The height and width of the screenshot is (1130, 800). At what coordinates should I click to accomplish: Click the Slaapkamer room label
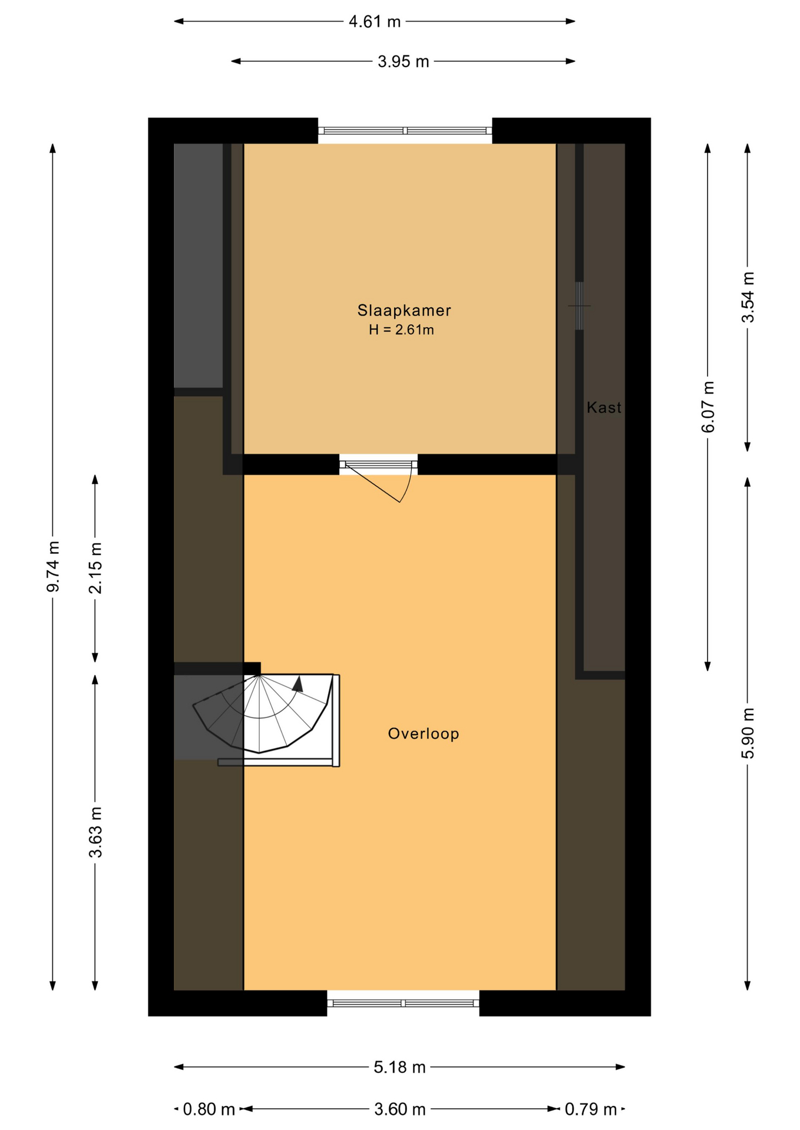(x=404, y=310)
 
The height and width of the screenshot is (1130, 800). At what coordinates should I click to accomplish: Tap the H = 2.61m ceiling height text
(x=401, y=330)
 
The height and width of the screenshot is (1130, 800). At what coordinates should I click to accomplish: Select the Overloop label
(x=423, y=733)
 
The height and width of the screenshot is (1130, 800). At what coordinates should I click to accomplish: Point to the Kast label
(x=604, y=407)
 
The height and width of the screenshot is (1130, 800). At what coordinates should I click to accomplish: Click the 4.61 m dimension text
(x=375, y=22)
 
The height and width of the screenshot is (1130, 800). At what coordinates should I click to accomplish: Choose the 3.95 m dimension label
(x=403, y=61)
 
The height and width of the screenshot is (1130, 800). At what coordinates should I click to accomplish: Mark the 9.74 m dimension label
(x=53, y=566)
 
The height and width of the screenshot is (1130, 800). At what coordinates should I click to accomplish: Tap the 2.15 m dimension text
(x=95, y=568)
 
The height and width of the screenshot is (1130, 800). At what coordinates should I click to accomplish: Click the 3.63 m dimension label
(x=95, y=832)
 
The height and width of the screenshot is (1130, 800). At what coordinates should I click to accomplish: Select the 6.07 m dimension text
(x=708, y=407)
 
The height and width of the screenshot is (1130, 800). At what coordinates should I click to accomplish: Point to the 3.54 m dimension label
(x=748, y=297)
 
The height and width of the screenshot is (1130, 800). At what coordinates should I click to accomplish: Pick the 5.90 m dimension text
(x=748, y=733)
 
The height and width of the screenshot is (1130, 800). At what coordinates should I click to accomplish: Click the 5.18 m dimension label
(x=399, y=1067)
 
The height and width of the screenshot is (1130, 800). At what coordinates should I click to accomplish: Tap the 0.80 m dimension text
(x=209, y=1109)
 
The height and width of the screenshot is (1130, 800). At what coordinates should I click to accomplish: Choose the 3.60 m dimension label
(x=400, y=1109)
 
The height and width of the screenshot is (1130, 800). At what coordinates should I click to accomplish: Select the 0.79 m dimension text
(x=591, y=1109)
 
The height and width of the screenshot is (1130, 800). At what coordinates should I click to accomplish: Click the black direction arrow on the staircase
(x=298, y=684)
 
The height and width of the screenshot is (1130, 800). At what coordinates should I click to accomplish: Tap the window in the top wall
(x=405, y=131)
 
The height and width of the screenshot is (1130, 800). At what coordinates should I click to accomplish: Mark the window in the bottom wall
(x=404, y=1003)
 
